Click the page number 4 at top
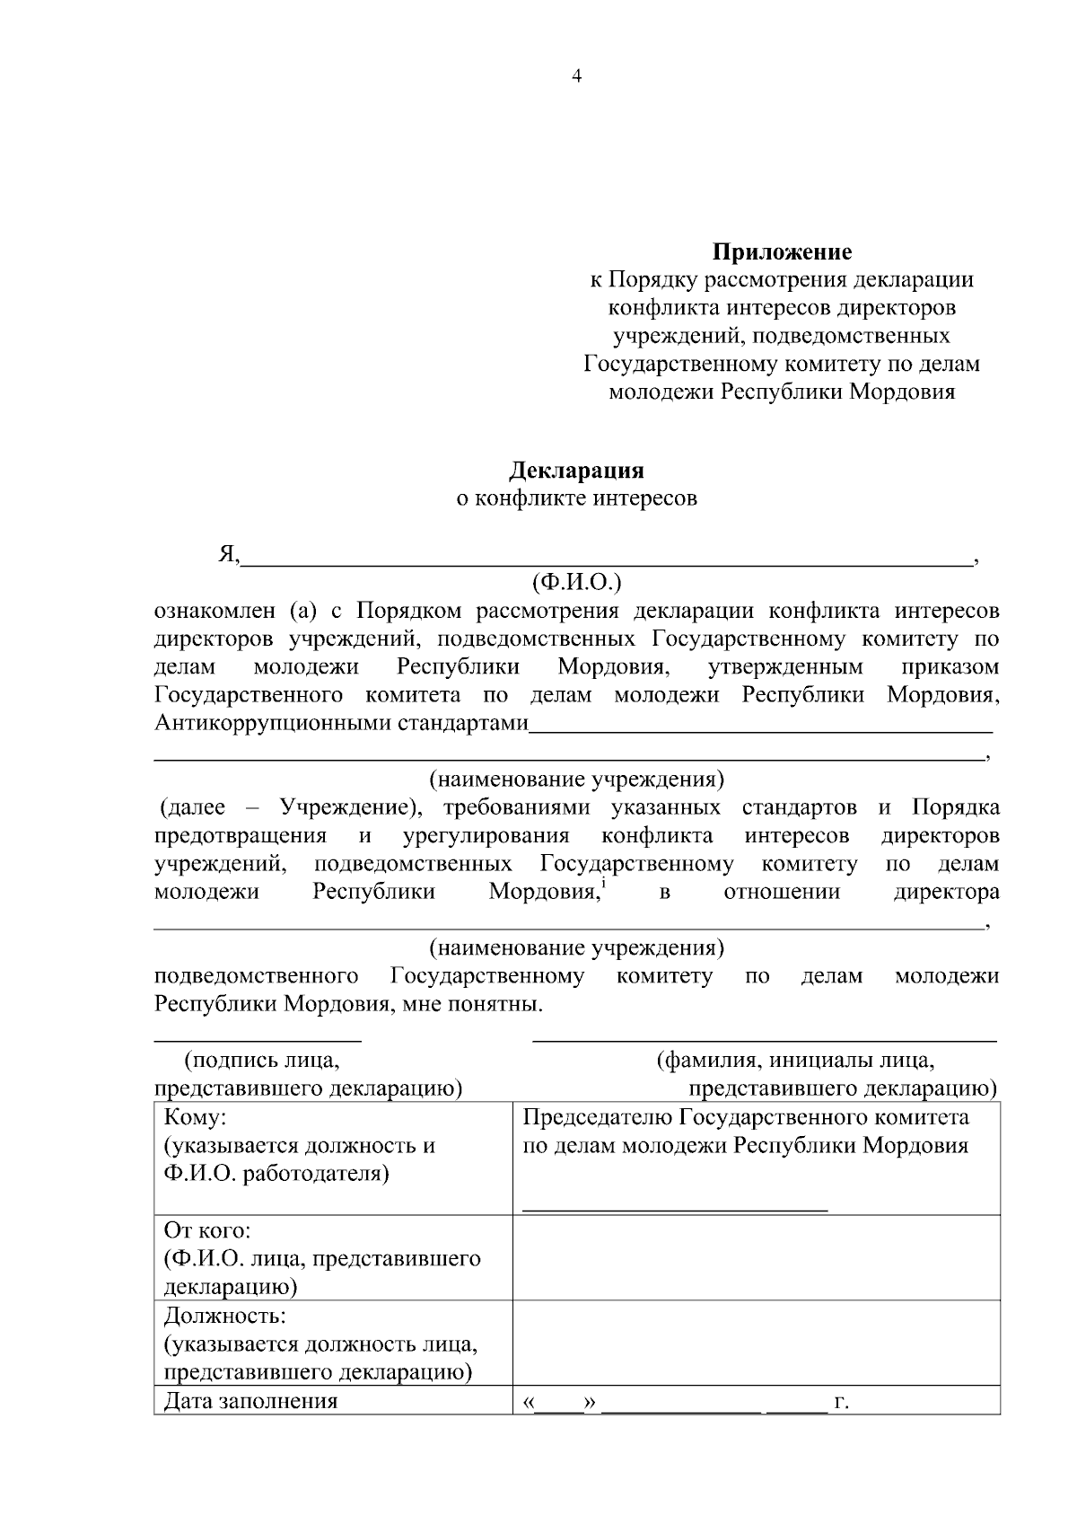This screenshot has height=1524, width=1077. (576, 76)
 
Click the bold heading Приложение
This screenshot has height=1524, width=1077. (782, 251)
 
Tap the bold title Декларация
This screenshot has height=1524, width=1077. (576, 470)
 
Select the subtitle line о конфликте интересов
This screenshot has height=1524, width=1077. (576, 498)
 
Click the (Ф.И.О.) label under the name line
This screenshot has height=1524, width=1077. (576, 583)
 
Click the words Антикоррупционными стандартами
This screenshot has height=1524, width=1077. (341, 724)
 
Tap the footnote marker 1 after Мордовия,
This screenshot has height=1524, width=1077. (603, 885)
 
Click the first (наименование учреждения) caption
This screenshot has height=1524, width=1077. (576, 779)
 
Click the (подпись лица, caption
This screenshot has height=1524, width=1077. (261, 1061)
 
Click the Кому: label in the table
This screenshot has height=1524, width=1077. (196, 1118)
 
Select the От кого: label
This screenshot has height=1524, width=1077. (207, 1229)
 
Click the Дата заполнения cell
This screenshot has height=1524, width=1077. (250, 1401)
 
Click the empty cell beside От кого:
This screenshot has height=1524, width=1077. (756, 1257)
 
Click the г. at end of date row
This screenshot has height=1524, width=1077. (841, 1401)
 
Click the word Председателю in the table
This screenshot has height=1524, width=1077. (597, 1118)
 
